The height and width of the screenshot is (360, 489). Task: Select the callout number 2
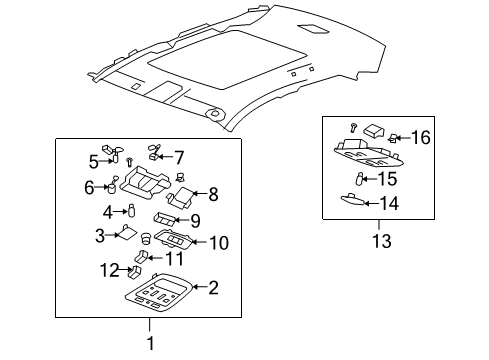pos(213,289)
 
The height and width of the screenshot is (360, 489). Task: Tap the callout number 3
pos(100,235)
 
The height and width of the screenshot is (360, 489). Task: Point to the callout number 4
pos(107,211)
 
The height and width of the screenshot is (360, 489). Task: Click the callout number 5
pos(93,160)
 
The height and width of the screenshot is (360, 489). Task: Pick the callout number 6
pos(89,186)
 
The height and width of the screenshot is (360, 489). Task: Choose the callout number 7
pos(179,157)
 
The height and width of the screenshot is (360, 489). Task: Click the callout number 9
pos(196,221)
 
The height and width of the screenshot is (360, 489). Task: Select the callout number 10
pos(219,242)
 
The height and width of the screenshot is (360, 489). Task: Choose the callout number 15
pos(386,179)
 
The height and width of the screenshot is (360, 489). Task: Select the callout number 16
pos(420,137)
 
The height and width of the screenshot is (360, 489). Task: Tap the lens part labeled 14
pos(349,201)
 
